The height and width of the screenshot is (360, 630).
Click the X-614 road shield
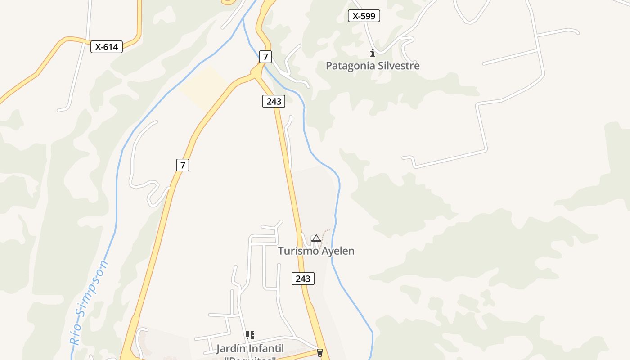click(x=107, y=47)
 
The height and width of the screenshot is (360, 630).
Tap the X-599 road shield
click(x=364, y=16)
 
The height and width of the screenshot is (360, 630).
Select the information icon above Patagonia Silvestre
click(x=372, y=53)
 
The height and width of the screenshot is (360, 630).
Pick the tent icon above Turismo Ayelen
click(x=316, y=238)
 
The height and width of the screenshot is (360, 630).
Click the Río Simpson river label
click(x=89, y=302)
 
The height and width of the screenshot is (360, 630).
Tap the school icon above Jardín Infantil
click(x=250, y=335)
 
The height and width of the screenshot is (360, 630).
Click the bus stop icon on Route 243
click(x=320, y=352)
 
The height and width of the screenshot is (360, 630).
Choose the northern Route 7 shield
click(x=266, y=57)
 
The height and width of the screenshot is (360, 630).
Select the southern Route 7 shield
click(x=182, y=165)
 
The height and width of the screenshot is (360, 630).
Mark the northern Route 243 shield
click(x=274, y=101)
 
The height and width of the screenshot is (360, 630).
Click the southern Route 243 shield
click(x=303, y=279)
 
